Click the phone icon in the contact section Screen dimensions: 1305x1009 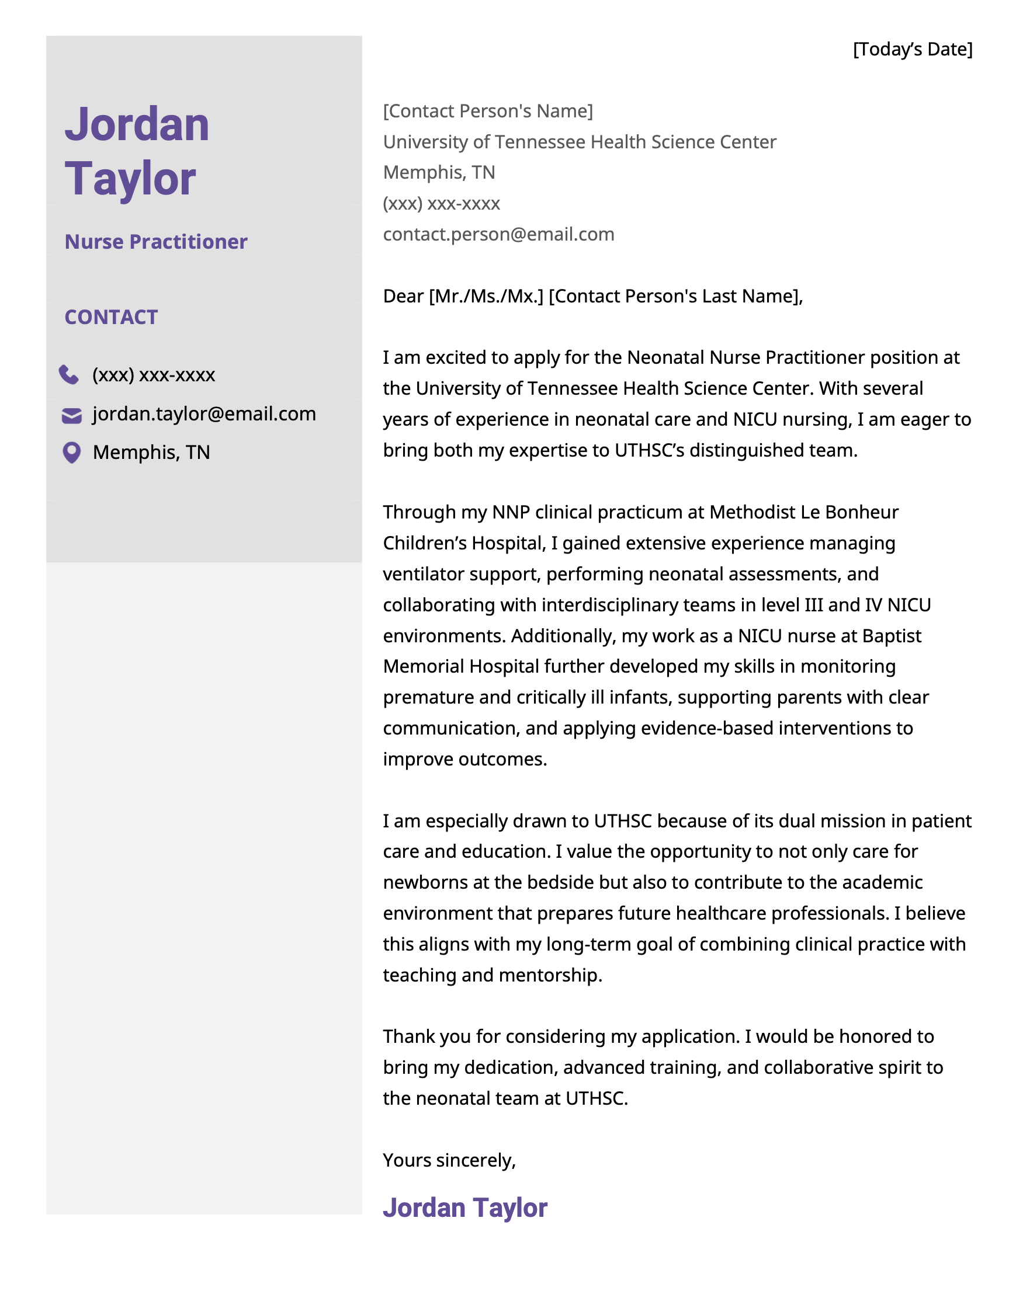[69, 375]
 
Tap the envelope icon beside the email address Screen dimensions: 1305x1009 [72, 415]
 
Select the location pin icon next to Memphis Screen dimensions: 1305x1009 [72, 453]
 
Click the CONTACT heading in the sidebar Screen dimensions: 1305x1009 [111, 317]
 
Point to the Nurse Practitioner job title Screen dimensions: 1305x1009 [155, 242]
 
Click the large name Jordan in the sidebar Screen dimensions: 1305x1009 [137, 125]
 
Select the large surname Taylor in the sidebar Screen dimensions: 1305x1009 [130, 179]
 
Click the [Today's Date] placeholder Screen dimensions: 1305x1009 [912, 50]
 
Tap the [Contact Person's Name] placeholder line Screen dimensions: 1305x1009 [488, 111]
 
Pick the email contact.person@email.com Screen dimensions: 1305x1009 [498, 234]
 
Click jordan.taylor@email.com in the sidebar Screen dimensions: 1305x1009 [204, 414]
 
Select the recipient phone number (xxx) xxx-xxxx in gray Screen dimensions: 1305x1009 [441, 204]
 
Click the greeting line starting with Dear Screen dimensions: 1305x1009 [592, 297]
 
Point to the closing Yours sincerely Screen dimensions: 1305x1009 [449, 1160]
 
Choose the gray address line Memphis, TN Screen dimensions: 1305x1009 [439, 173]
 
